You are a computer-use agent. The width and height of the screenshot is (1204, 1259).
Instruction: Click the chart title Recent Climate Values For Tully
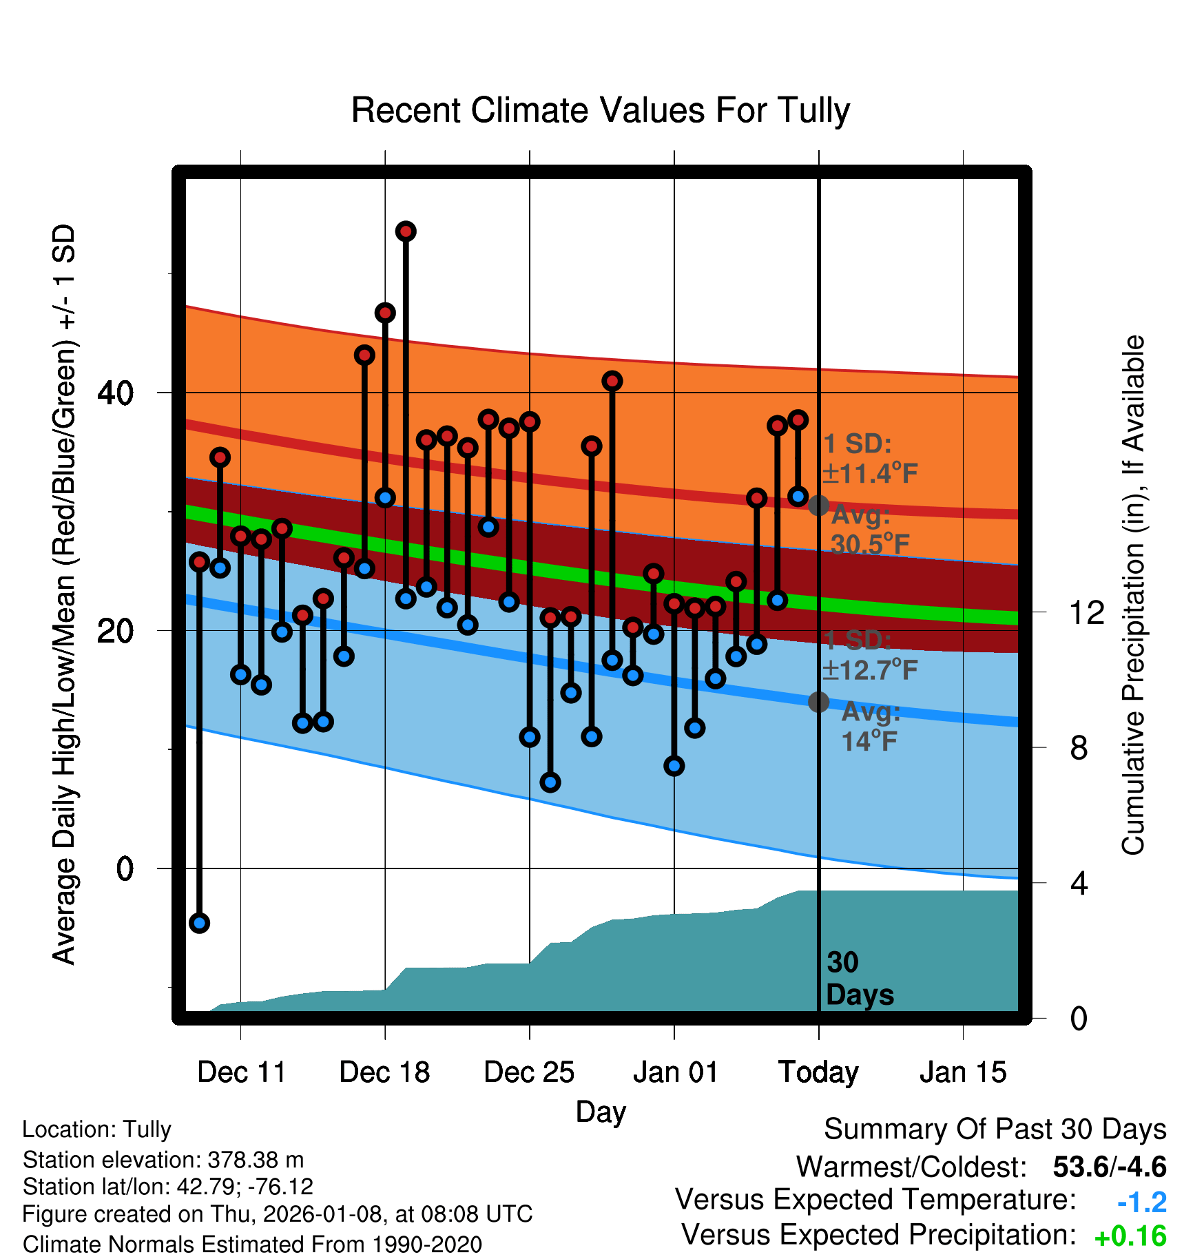(601, 110)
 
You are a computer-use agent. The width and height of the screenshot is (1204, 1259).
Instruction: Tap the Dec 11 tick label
(241, 1072)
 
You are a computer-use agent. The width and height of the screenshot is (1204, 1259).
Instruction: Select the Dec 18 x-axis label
(385, 1072)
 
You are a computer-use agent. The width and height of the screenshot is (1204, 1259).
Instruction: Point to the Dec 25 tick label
(529, 1072)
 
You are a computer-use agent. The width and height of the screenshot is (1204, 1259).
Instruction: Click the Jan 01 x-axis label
(675, 1072)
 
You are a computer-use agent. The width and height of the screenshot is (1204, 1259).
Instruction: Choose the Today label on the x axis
(818, 1072)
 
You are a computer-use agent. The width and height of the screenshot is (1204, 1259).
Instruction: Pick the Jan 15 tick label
(963, 1072)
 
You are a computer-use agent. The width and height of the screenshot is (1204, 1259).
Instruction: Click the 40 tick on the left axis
(115, 393)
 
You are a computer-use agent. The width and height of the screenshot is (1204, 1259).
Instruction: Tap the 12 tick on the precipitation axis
(1086, 612)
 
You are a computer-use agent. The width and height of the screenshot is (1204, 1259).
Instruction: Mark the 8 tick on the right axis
(1079, 748)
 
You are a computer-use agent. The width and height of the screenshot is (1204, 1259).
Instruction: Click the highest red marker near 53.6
(406, 231)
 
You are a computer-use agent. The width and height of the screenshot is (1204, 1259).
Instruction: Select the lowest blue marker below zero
(199, 923)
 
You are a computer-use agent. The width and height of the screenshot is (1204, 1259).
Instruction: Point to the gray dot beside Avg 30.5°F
(818, 506)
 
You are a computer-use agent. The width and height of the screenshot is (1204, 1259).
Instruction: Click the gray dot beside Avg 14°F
(818, 702)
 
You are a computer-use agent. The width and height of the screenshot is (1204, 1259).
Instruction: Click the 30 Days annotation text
(859, 979)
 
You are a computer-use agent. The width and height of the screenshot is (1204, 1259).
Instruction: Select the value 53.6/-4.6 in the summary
(1109, 1167)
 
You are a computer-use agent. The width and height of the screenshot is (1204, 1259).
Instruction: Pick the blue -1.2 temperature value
(1141, 1202)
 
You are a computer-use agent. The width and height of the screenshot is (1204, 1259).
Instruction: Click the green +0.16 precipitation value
(1130, 1236)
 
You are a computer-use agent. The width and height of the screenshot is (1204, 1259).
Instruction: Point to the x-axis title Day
(601, 1112)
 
